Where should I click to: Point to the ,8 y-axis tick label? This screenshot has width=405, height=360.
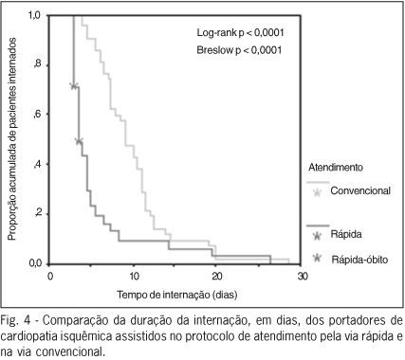pos(37,64)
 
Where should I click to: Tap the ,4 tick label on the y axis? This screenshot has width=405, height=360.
pos(37,164)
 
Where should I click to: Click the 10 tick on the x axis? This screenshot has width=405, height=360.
pos(134,277)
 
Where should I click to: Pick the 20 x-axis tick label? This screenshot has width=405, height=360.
pos(216,277)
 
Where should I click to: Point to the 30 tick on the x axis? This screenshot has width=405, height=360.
pos(302,277)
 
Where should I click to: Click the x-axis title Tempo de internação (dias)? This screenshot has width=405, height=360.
pos(177,295)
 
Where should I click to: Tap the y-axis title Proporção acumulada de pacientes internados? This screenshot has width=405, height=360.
pos(11,139)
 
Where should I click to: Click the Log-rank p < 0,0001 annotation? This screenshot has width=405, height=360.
pos(240,32)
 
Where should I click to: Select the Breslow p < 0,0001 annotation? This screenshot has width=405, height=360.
pos(239,50)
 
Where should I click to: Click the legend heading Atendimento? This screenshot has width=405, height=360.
pos(336,167)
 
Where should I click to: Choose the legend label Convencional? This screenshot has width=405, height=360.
pos(360,190)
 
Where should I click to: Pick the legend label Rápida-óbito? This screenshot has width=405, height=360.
pos(359,260)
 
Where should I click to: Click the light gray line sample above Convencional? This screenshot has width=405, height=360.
pos(318,182)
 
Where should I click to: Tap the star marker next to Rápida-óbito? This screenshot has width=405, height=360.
pos(317,259)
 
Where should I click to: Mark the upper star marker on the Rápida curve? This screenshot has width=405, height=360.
pos(74,85)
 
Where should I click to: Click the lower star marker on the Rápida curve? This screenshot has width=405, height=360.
pos(79,141)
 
